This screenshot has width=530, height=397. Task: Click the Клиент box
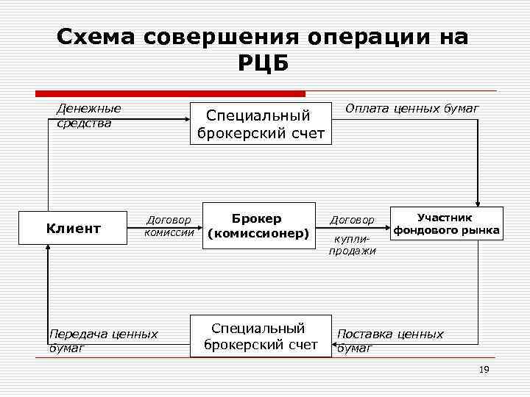click(x=73, y=229)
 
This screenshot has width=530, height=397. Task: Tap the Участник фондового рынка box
click(x=446, y=224)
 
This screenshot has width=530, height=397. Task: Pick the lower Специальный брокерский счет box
click(x=261, y=336)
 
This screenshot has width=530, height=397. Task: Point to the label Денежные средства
click(x=88, y=115)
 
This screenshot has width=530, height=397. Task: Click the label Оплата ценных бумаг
click(x=411, y=109)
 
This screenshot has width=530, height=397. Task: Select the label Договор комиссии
click(x=169, y=226)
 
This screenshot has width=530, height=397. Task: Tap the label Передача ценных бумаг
click(x=102, y=340)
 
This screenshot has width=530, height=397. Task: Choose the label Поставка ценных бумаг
click(x=389, y=340)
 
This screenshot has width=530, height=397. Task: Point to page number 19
click(x=484, y=370)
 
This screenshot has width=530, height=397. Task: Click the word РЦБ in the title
click(x=264, y=64)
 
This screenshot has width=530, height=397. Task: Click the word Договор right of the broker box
click(x=352, y=220)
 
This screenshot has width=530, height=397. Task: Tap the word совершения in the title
click(x=220, y=37)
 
